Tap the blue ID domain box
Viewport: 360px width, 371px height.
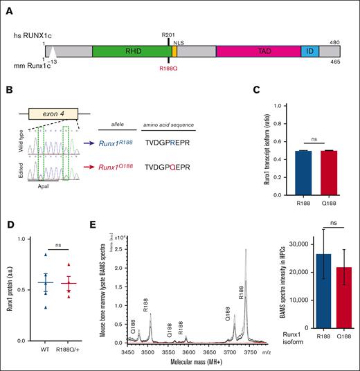pos(309,53)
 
